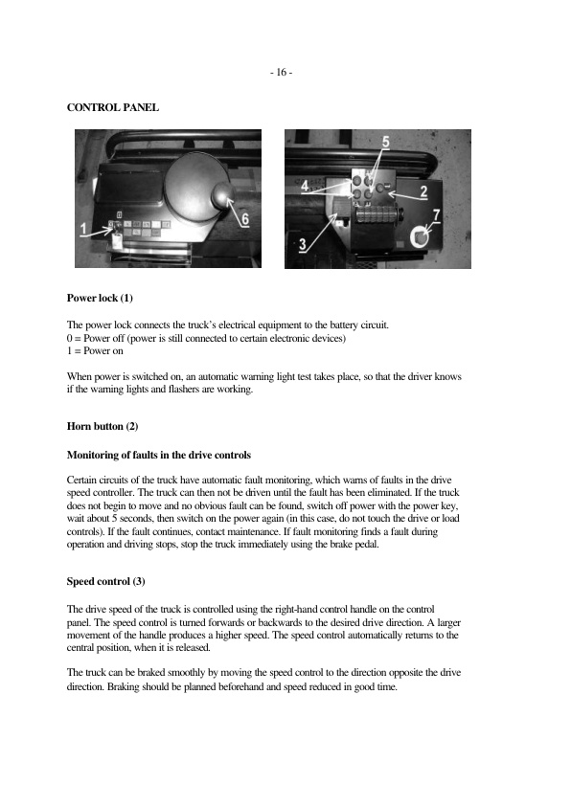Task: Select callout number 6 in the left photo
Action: [245, 218]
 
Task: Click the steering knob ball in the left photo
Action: [220, 197]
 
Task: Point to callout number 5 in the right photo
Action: [385, 143]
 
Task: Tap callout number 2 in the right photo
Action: [423, 191]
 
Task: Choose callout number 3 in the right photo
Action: [303, 244]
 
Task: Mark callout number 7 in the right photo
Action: [436, 214]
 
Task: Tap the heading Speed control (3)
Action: [106, 581]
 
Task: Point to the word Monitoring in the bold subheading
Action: [94, 453]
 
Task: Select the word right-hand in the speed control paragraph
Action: [302, 609]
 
